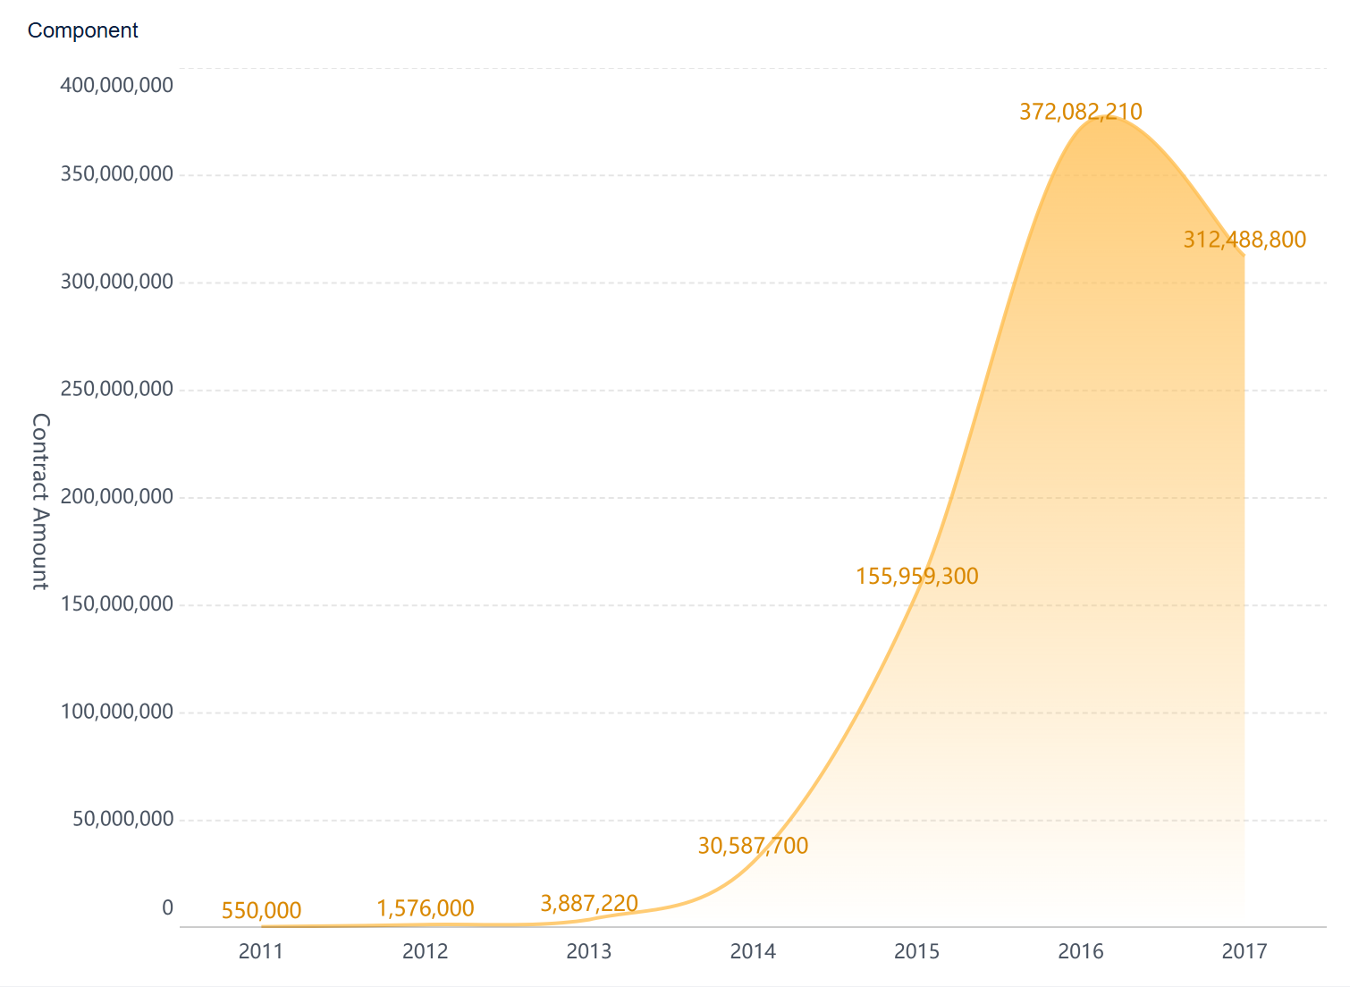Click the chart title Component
82,30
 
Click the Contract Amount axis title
40,501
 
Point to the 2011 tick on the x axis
261,951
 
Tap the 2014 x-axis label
753,951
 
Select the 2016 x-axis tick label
1081,951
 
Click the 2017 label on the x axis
1245,951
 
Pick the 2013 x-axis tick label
589,951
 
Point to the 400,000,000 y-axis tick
116,86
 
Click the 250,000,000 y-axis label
116,389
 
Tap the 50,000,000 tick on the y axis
122,819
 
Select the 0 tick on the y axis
167,908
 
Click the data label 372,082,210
1081,112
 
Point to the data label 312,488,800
1245,240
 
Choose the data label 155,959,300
916,577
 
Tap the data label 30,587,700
753,846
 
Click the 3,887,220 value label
589,904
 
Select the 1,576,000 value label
425,909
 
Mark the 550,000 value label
261,911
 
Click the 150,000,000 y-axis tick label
116,604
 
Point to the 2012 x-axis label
425,951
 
